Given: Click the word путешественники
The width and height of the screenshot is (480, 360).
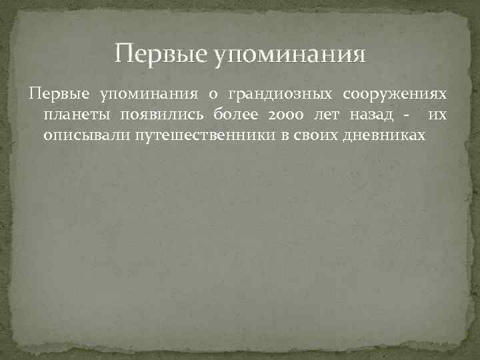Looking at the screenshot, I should pos(213,135).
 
